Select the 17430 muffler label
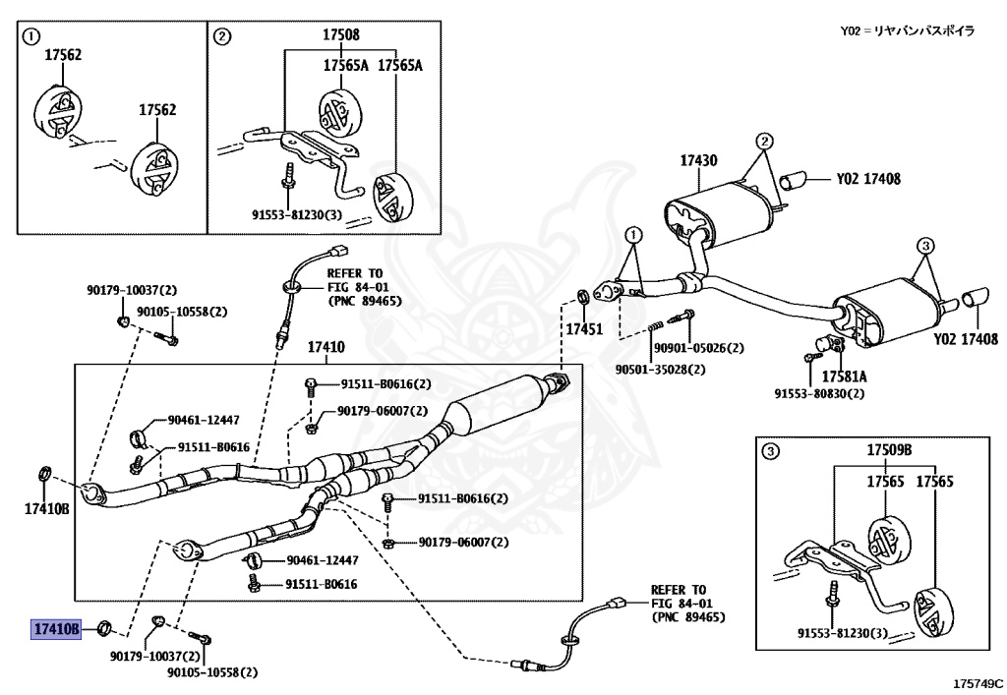[698, 160]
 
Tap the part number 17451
[583, 329]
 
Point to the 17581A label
[845, 376]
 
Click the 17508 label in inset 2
[341, 34]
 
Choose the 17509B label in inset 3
[889, 450]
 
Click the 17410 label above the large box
[326, 347]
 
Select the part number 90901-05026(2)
[698, 348]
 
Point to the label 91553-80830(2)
[818, 394]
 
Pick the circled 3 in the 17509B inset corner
[772, 451]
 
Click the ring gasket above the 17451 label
[582, 296]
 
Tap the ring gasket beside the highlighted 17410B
[107, 628]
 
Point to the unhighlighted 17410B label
[47, 508]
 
